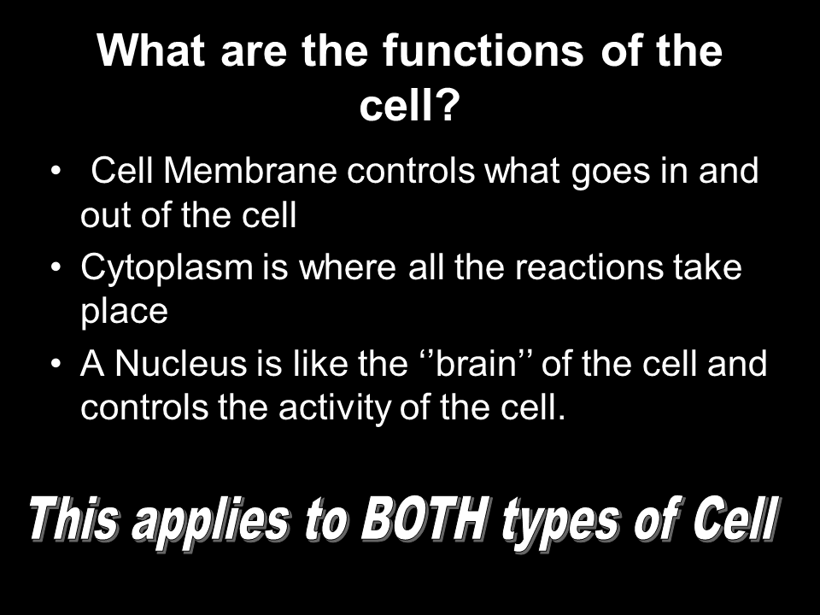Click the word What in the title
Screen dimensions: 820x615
150,50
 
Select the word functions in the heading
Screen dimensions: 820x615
483,50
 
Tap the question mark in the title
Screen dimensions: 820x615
447,106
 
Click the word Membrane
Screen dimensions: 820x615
250,171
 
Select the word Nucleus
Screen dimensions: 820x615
180,364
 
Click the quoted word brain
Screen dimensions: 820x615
476,364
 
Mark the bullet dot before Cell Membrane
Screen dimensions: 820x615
56,171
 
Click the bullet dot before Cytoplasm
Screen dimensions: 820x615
56,267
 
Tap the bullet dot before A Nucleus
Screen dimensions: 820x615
56,364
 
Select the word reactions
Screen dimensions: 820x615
589,267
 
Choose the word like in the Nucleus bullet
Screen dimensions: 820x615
320,364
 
